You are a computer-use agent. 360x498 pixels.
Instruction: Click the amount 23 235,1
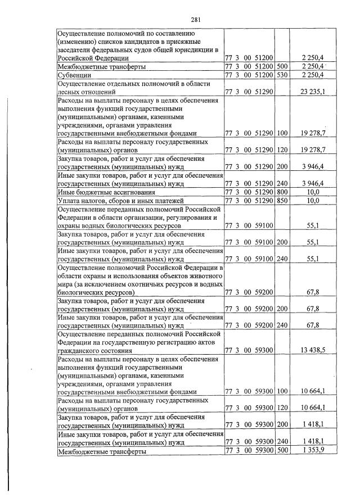click(312, 90)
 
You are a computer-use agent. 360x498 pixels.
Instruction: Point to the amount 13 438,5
click(312, 349)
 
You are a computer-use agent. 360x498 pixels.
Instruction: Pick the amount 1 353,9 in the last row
click(313, 451)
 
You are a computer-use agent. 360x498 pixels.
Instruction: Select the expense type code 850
click(282, 200)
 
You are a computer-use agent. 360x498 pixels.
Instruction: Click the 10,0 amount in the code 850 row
click(318, 200)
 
